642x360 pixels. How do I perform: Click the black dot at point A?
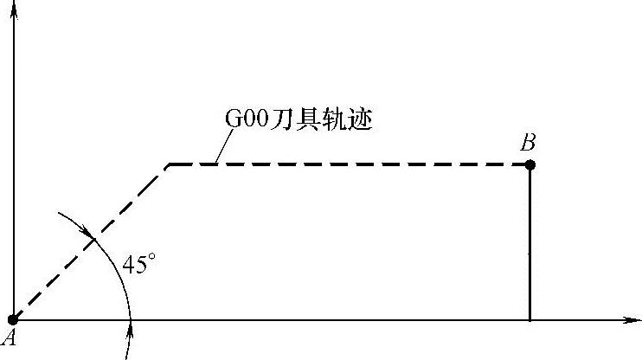tap(13, 320)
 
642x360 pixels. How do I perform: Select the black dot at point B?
tap(530, 164)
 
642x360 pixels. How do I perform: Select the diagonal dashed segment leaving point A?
tap(91, 242)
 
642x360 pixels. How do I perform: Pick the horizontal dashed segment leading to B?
tap(346, 164)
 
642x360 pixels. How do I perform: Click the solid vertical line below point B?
tap(530, 242)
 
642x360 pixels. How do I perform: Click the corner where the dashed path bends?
tap(169, 164)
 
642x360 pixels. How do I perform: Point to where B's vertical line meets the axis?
tap(530, 320)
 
